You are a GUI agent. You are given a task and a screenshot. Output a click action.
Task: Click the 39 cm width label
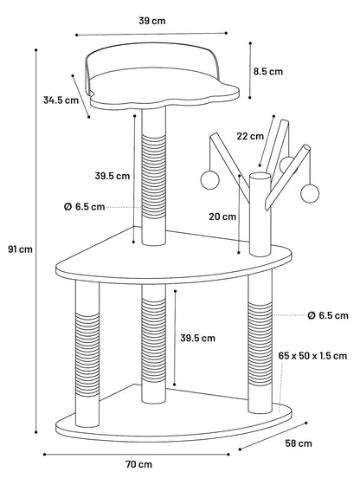pyautogui.click(x=152, y=21)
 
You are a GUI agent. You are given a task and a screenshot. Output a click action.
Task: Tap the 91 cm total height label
pyautogui.click(x=21, y=249)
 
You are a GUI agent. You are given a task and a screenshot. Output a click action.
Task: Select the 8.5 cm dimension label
pyautogui.click(x=268, y=71)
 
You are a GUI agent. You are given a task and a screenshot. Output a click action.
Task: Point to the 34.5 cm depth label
pyautogui.click(x=61, y=100)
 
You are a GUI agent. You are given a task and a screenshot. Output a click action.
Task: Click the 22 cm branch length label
pyautogui.click(x=250, y=136)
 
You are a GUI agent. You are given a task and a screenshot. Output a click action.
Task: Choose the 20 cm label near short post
pyautogui.click(x=222, y=217)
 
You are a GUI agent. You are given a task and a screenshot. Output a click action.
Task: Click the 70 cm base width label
pyautogui.click(x=139, y=464)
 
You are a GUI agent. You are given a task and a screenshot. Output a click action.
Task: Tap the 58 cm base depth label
pyautogui.click(x=299, y=443)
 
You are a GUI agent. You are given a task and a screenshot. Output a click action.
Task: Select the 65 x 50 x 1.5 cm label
pyautogui.click(x=312, y=356)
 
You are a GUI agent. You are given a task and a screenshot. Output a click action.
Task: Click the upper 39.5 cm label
pyautogui.click(x=112, y=176)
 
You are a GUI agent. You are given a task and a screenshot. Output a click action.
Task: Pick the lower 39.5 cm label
pyautogui.click(x=198, y=338)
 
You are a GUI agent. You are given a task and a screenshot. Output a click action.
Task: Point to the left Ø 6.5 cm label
pyautogui.click(x=84, y=207)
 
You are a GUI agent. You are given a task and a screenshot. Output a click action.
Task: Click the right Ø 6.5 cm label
pyautogui.click(x=328, y=315)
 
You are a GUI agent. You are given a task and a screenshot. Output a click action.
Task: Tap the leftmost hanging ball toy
pyautogui.click(x=210, y=180)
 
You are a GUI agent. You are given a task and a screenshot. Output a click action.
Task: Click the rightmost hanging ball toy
pyautogui.click(x=310, y=193)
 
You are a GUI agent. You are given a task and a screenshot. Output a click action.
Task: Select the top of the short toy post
pyautogui.click(x=260, y=177)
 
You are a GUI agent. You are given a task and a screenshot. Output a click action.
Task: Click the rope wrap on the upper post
pyautogui.click(x=154, y=177)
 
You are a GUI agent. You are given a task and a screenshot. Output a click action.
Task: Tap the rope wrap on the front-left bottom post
pyautogui.click(x=87, y=355)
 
